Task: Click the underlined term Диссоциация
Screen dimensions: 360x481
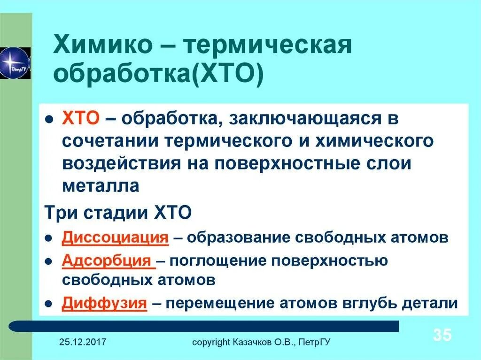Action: pyautogui.click(x=115, y=237)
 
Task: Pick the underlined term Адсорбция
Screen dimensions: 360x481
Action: pyautogui.click(x=109, y=260)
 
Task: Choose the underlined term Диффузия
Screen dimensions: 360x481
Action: pyautogui.click(x=105, y=303)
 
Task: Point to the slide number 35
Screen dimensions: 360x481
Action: pyautogui.click(x=442, y=335)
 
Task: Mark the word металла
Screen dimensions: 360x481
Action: pyautogui.click(x=101, y=186)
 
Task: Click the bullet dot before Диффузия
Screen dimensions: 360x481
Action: pyautogui.click(x=48, y=303)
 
